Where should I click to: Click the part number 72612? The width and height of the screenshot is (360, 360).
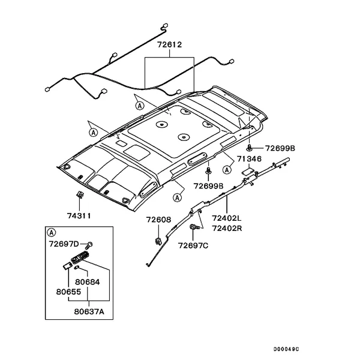(169, 44)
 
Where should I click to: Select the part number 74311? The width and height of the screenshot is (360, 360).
(79, 216)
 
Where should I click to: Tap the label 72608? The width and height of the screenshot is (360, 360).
(158, 220)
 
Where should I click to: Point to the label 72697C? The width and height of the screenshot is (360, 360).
(193, 245)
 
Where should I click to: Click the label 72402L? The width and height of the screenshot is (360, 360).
(227, 218)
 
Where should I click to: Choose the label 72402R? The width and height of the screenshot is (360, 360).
(227, 229)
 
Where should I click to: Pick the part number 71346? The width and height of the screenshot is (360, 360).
(249, 159)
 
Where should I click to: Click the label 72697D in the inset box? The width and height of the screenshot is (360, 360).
(64, 244)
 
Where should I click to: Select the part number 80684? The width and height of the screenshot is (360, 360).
(88, 282)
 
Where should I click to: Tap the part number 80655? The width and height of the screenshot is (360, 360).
(68, 292)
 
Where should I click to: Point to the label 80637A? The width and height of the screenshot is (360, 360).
(89, 311)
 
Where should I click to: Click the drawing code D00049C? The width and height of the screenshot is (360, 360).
(286, 349)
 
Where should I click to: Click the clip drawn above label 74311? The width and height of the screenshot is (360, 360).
(80, 194)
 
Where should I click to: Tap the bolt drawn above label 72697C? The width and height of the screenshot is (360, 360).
(194, 227)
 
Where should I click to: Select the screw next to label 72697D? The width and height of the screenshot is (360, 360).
(89, 245)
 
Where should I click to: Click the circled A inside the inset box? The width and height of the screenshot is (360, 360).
(52, 233)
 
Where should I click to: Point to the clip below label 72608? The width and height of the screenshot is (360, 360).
(158, 241)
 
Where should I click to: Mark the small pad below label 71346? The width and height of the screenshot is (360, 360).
(248, 172)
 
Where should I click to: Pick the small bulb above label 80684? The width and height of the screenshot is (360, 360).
(77, 267)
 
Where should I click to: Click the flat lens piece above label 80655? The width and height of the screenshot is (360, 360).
(68, 266)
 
